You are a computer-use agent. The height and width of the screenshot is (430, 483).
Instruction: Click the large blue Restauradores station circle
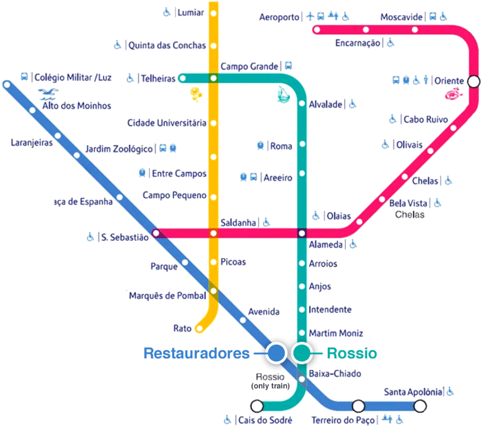(276, 353)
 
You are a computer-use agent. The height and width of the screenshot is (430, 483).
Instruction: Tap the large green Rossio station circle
(302, 353)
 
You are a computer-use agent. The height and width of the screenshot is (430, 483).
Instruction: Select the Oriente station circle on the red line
(474, 81)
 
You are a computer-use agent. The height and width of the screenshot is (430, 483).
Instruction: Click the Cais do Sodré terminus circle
(257, 406)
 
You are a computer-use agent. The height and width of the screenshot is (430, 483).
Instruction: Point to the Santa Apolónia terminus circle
(420, 406)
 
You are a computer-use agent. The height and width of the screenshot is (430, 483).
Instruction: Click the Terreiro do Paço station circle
(358, 406)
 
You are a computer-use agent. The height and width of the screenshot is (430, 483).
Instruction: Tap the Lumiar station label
(191, 13)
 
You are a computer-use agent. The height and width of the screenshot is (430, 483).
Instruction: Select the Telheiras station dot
(183, 78)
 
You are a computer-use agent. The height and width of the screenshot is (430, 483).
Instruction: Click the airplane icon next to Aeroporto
(310, 16)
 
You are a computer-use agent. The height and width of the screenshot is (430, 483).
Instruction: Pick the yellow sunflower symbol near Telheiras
(196, 94)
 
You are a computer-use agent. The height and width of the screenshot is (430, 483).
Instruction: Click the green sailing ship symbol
(283, 94)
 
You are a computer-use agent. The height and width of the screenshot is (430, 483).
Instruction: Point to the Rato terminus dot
(200, 329)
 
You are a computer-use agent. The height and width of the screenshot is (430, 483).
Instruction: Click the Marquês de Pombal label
(167, 295)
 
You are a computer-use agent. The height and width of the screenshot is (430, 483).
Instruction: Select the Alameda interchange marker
(302, 233)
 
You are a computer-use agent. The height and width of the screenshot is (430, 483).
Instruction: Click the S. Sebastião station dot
(156, 233)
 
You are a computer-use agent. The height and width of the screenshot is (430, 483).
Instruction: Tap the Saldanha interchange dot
(214, 233)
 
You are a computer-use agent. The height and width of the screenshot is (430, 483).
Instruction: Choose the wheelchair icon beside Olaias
(316, 215)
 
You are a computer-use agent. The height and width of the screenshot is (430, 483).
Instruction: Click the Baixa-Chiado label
(335, 373)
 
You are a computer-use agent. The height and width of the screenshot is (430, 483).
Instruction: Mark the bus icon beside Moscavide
(433, 16)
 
